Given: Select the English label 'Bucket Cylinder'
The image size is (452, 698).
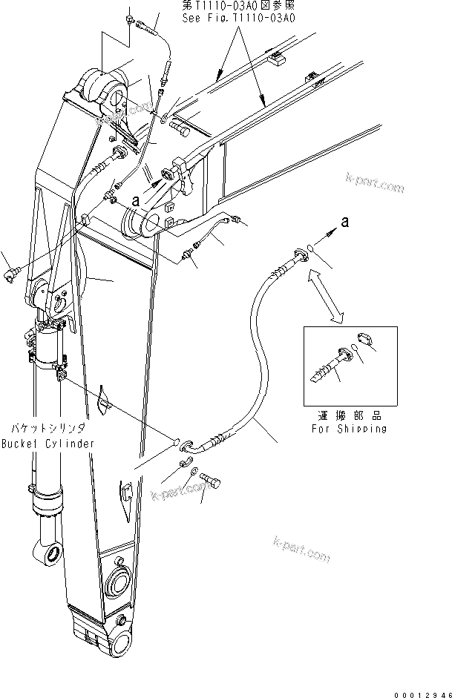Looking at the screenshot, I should pyautogui.click(x=48, y=444).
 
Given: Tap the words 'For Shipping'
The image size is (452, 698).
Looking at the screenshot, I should pyautogui.click(x=350, y=429).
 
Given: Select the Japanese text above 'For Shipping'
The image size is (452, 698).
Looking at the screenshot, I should pyautogui.click(x=350, y=415).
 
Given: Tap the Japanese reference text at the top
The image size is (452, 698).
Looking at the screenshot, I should pyautogui.click(x=239, y=5).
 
